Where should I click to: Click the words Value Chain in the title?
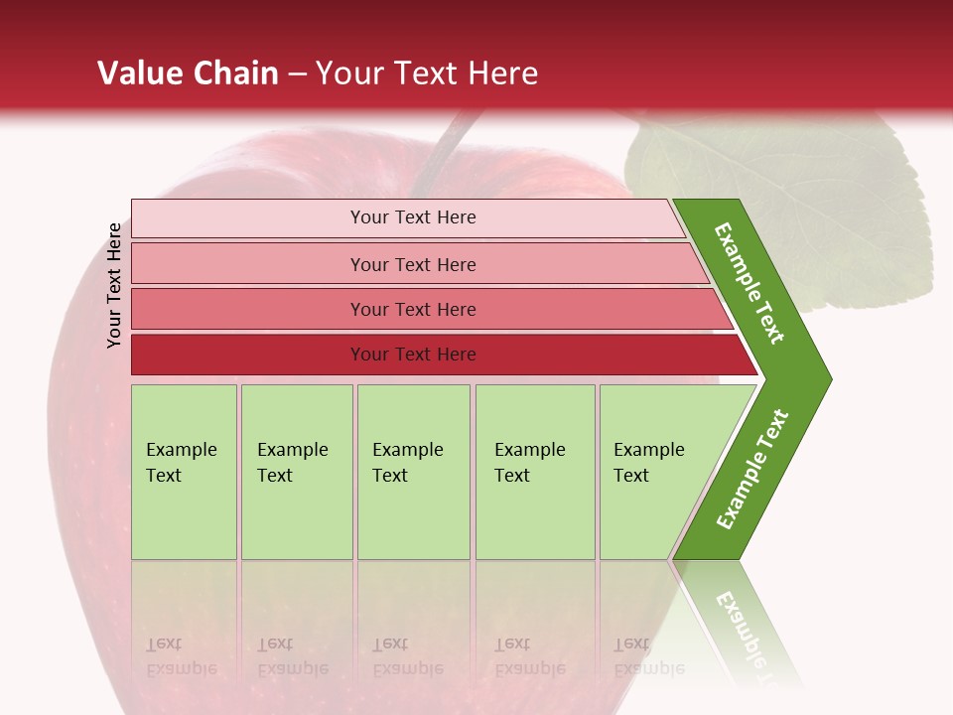point(188,73)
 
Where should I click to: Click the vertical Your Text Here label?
point(114,285)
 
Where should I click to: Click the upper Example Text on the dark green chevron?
point(749,283)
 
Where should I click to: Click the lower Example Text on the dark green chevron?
point(752,469)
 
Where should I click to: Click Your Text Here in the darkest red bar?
point(413,355)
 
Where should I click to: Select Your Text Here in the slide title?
point(427,73)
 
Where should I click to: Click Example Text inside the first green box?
point(181,462)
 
